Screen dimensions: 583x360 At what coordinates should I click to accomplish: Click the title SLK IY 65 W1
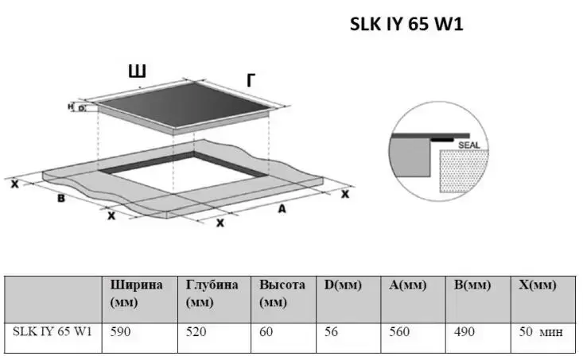[406, 24]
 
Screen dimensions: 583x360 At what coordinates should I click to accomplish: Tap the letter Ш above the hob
[137, 71]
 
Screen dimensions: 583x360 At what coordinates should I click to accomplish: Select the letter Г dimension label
[251, 80]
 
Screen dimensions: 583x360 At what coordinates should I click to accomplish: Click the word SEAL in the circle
[469, 145]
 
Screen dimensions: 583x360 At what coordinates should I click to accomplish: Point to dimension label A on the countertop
[282, 209]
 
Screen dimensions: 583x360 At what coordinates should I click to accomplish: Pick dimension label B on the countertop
[61, 199]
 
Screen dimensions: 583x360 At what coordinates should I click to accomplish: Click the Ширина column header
[136, 293]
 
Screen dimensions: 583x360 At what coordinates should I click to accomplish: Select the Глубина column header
[212, 293]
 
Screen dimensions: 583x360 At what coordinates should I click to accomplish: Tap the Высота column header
[282, 293]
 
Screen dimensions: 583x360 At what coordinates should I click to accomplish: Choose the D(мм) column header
[343, 285]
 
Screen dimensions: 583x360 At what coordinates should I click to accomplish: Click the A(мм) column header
[407, 285]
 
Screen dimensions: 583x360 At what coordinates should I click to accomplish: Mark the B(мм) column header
[472, 285]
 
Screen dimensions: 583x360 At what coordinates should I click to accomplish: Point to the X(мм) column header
[538, 285]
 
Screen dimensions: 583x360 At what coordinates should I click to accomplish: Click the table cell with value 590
[120, 331]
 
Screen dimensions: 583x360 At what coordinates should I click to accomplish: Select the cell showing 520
[196, 331]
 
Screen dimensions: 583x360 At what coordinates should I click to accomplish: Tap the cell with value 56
[331, 331]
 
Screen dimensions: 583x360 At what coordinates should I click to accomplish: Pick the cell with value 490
[464, 331]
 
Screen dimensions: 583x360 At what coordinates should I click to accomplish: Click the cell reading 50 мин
[541, 331]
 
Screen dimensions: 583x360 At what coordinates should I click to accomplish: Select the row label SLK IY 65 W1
[52, 331]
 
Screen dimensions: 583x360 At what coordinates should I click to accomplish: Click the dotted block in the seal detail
[463, 171]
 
